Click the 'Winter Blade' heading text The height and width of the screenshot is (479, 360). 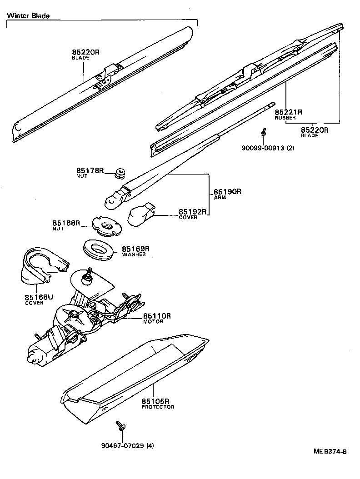(28, 15)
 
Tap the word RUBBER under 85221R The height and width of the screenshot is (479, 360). (285, 118)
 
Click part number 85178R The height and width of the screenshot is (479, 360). (90, 170)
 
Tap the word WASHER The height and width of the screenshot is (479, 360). (134, 254)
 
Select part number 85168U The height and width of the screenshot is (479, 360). (39, 297)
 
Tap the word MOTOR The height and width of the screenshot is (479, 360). (153, 322)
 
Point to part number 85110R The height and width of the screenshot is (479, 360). (157, 316)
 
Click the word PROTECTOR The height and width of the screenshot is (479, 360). (158, 407)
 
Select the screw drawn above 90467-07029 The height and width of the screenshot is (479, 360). (121, 426)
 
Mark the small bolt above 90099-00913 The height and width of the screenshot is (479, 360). (263, 132)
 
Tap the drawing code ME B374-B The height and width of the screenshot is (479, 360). (330, 451)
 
